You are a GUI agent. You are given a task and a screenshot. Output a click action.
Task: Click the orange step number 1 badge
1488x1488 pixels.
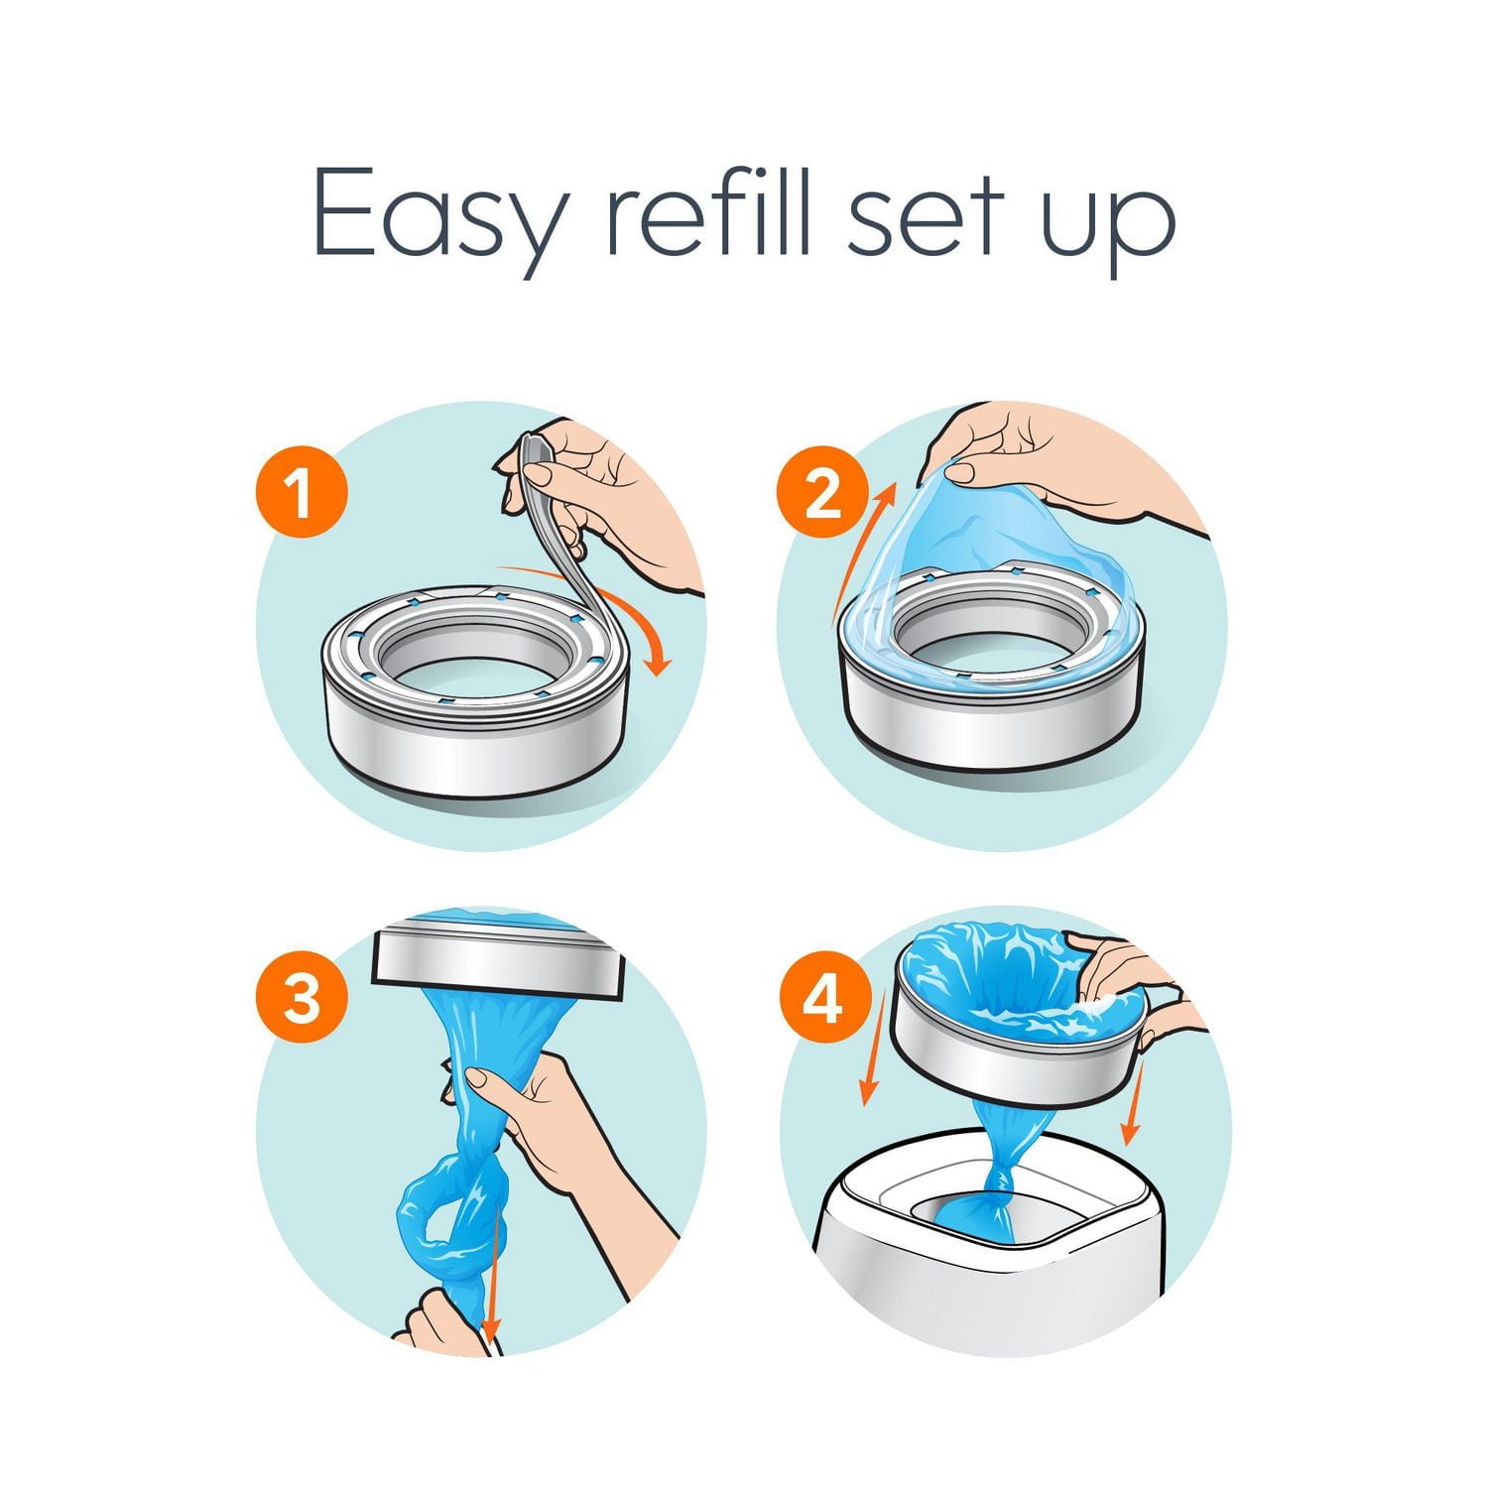click(302, 493)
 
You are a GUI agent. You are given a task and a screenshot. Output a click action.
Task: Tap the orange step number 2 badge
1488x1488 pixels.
click(822, 493)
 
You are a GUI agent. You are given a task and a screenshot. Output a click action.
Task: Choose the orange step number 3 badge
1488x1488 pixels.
click(302, 999)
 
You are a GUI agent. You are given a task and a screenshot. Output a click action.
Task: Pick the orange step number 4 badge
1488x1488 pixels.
click(822, 999)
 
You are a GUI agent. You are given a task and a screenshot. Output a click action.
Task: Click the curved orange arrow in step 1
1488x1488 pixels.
click(635, 615)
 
